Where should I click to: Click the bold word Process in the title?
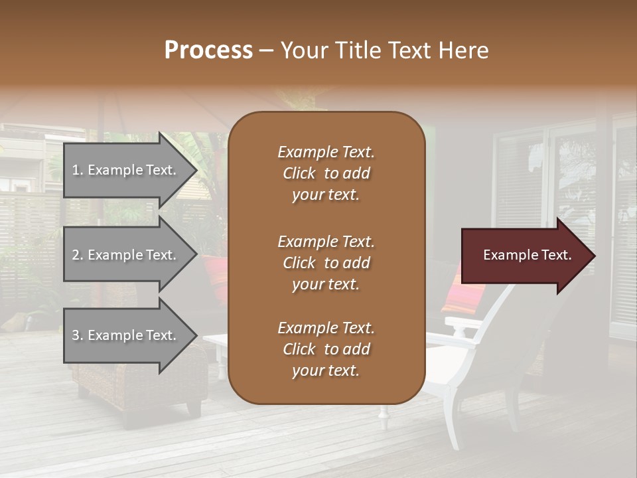coord(208,50)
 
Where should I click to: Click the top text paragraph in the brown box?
coord(326,173)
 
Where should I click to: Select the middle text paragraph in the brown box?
coord(326,263)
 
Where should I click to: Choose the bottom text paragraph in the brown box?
coord(326,349)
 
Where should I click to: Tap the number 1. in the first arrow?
coord(78,170)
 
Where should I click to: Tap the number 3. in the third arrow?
coord(78,335)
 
